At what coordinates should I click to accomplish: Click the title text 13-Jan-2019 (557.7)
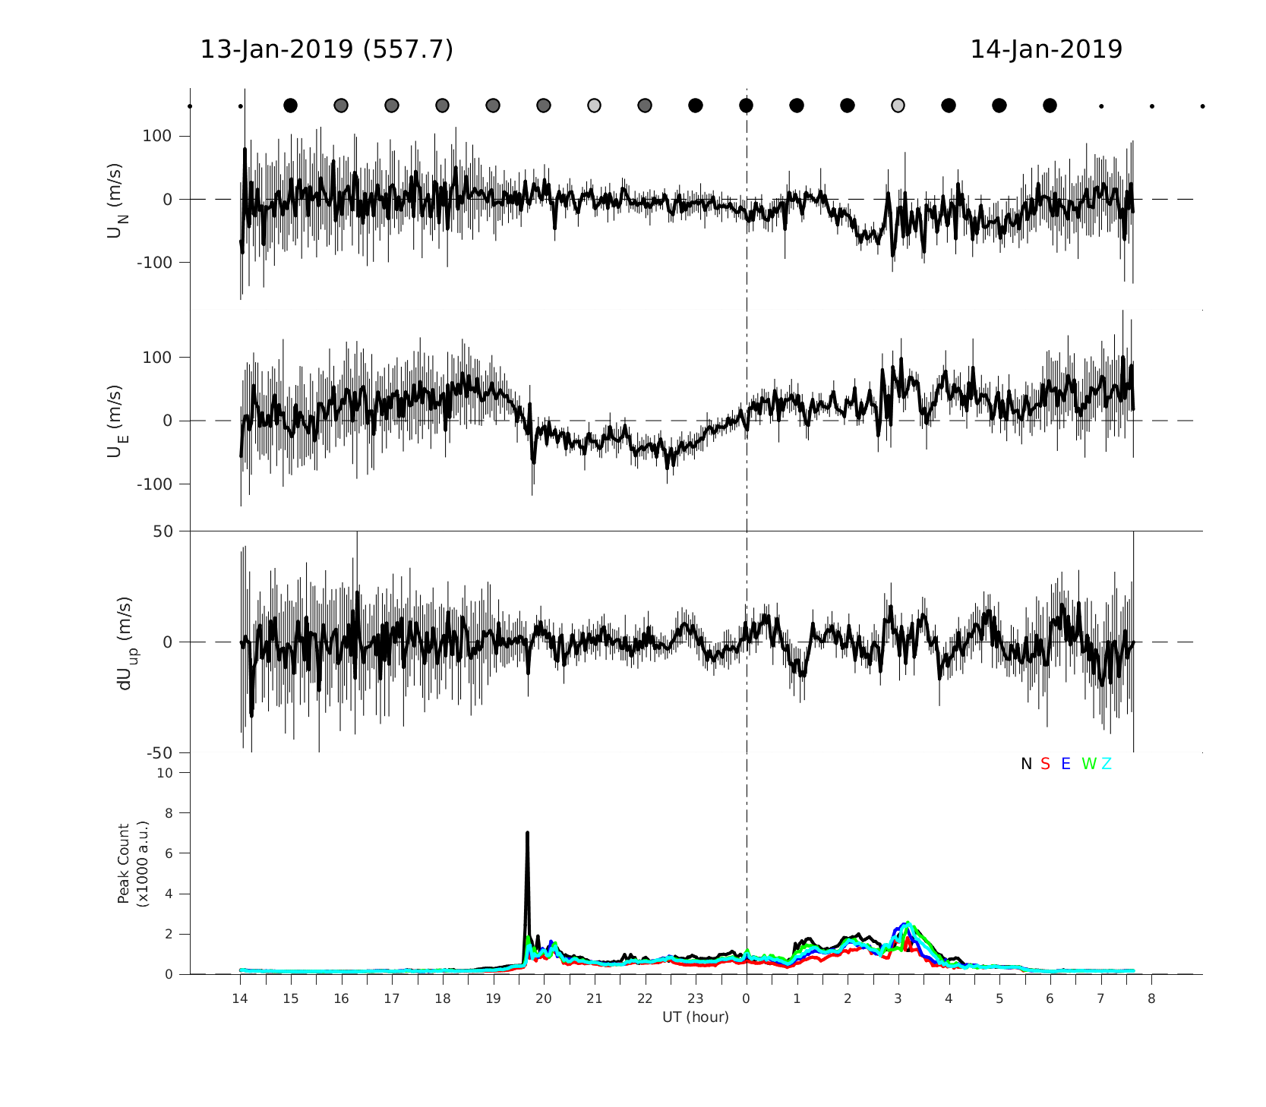(327, 50)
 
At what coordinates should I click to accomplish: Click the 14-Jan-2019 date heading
(1046, 50)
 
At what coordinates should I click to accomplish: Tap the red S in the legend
(1045, 765)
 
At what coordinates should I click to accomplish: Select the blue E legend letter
(1066, 765)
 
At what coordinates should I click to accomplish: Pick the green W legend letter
(1089, 765)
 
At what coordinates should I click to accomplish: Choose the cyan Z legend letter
(1107, 765)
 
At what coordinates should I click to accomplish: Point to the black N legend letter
(1026, 765)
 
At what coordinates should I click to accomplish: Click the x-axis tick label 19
(493, 999)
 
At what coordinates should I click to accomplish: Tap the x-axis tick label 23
(696, 999)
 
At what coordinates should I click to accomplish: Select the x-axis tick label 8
(1151, 999)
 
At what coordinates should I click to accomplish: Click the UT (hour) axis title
(696, 1017)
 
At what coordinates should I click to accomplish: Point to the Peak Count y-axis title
(131, 864)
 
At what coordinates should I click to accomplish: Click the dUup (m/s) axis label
(125, 642)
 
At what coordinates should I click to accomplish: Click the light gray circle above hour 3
(898, 106)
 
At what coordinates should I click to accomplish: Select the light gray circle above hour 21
(594, 106)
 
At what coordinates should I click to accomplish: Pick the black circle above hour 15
(290, 106)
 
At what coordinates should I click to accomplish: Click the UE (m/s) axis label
(116, 421)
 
